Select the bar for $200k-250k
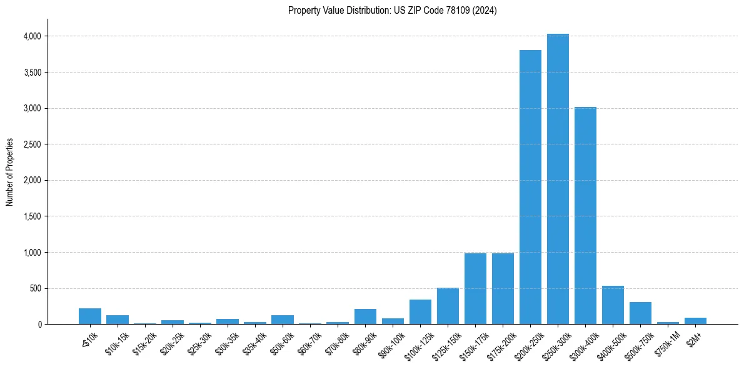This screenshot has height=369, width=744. click(530, 187)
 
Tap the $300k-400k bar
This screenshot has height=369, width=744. click(585, 216)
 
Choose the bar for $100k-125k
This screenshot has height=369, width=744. click(420, 312)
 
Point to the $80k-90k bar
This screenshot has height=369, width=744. click(365, 316)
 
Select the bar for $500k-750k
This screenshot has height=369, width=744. click(640, 313)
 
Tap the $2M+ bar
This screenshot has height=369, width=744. click(695, 321)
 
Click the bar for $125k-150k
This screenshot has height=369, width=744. click(448, 306)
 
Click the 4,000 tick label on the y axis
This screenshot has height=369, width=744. click(32, 36)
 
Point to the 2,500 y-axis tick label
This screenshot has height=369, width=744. click(32, 144)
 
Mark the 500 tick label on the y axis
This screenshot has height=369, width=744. click(35, 289)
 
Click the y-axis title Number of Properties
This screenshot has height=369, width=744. click(10, 173)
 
